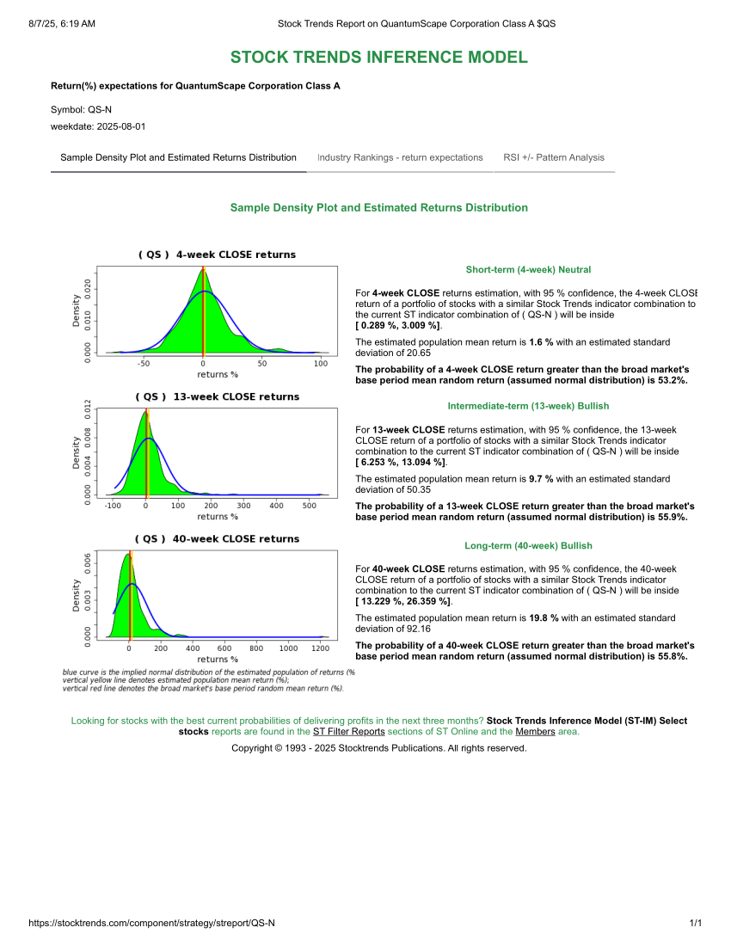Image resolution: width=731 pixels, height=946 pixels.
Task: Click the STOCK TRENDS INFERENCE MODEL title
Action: (378, 58)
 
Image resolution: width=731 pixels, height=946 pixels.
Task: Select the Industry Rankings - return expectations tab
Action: (400, 157)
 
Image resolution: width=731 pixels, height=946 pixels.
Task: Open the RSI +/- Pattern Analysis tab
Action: (554, 157)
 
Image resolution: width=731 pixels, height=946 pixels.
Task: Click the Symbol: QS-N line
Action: (81, 110)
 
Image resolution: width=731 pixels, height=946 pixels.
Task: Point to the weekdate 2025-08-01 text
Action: (98, 126)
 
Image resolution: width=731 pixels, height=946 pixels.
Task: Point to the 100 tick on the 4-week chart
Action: (321, 364)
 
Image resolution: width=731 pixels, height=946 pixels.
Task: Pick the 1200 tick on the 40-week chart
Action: (321, 648)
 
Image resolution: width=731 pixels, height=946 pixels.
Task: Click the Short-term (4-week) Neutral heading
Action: (528, 270)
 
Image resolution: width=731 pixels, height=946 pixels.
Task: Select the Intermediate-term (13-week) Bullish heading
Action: (528, 406)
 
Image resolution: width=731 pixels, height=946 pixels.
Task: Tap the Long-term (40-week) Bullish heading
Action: (528, 546)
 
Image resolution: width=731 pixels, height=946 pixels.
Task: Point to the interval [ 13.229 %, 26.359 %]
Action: (402, 602)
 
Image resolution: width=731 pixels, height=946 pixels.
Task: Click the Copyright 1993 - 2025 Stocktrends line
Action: (378, 748)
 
